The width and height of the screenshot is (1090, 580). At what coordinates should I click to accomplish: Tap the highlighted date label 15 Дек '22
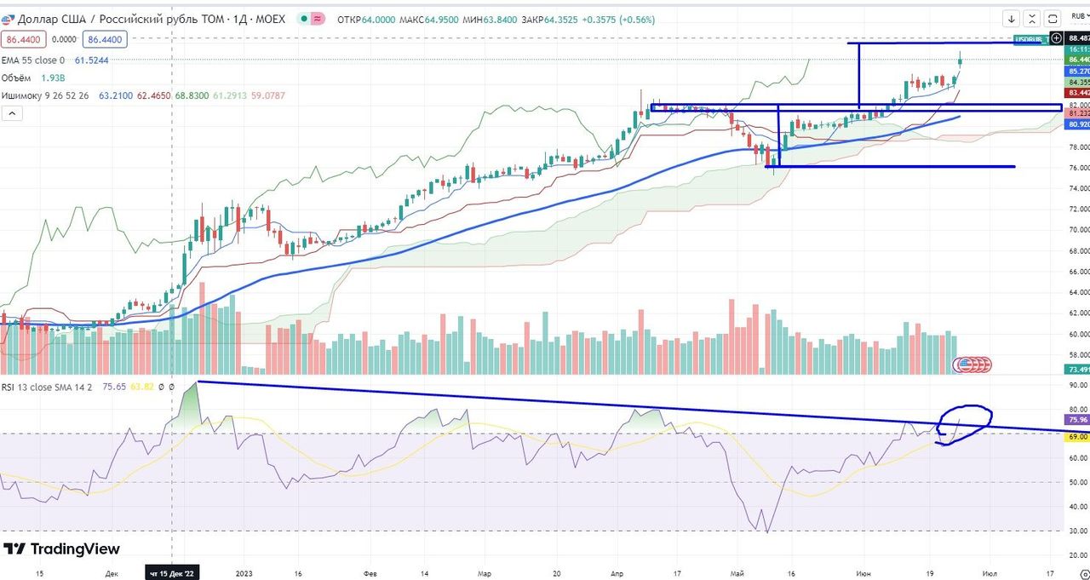[173, 573]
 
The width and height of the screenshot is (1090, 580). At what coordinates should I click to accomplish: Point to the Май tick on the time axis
[749, 573]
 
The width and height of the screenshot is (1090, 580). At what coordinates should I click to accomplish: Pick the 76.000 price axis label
[1077, 168]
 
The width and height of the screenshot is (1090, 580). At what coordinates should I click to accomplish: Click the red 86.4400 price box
[24, 39]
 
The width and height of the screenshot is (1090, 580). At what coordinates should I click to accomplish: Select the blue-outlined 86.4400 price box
[105, 39]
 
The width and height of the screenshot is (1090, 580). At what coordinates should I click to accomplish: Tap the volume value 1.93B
[54, 78]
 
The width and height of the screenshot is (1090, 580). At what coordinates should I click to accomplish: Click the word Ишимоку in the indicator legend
[23, 95]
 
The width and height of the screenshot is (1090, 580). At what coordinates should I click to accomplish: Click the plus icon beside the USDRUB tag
[1057, 38]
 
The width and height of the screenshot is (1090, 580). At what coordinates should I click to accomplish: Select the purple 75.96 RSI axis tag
[1077, 420]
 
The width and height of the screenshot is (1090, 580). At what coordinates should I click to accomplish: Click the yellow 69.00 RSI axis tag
[1077, 436]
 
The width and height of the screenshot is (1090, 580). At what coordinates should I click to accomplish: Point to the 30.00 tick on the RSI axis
[1077, 531]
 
